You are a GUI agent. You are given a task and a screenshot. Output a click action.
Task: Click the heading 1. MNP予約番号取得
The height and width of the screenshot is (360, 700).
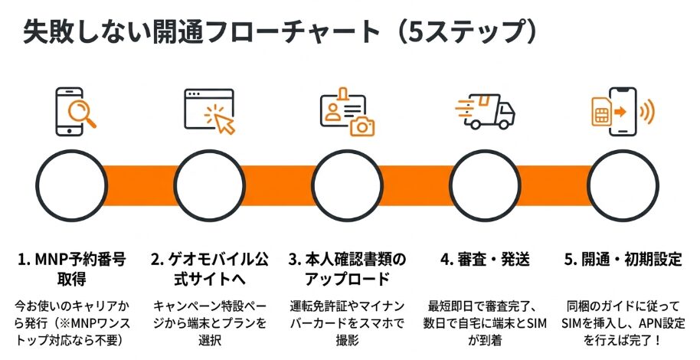[72, 267]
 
